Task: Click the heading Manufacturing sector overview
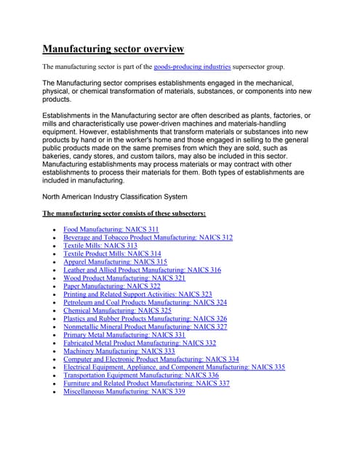pyautogui.click(x=113, y=49)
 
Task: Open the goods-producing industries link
pyautogui.click(x=192, y=67)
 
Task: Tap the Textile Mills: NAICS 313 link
pyautogui.click(x=100, y=246)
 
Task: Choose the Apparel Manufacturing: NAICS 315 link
pyautogui.click(x=115, y=262)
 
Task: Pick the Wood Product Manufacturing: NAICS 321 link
pyautogui.click(x=124, y=278)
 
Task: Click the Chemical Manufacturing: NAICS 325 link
pyautogui.click(x=117, y=310)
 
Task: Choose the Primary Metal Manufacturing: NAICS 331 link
pyautogui.click(x=124, y=335)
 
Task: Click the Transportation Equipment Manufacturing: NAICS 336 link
pyautogui.click(x=140, y=375)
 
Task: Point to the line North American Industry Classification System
pyautogui.click(x=114, y=197)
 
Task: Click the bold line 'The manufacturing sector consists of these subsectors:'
pyautogui.click(x=124, y=214)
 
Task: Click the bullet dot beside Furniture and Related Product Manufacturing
pyautogui.click(x=55, y=384)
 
